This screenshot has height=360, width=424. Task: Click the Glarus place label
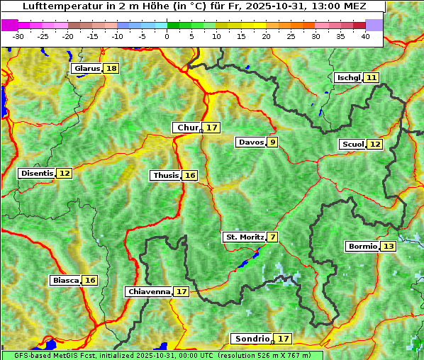[87, 69]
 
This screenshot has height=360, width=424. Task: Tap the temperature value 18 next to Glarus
[111, 69]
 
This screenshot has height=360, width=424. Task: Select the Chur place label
[188, 128]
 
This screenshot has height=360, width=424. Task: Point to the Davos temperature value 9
[272, 142]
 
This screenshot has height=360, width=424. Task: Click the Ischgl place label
[348, 77]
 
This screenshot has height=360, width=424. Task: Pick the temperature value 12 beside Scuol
[375, 145]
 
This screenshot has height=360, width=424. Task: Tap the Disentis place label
[37, 173]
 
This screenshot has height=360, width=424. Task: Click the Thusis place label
[165, 175]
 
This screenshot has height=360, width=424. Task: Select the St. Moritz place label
[244, 237]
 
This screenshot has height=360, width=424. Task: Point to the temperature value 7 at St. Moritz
[272, 237]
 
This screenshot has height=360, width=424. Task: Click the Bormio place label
[362, 247]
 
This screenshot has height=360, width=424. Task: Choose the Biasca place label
[66, 280]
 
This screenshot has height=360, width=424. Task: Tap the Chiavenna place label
[149, 291]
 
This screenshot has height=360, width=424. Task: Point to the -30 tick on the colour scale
[18, 36]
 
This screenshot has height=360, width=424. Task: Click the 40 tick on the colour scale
[365, 36]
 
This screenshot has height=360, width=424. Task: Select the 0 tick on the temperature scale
[167, 36]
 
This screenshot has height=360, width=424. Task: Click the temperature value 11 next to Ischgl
[372, 77]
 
